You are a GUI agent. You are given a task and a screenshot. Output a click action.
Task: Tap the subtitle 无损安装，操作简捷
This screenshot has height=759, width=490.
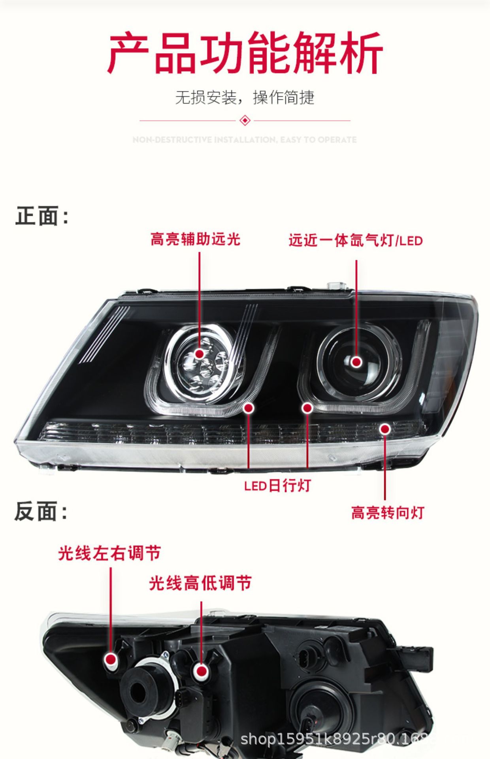tap(245, 97)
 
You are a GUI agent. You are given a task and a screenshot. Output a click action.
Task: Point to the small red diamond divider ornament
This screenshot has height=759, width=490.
tap(245, 120)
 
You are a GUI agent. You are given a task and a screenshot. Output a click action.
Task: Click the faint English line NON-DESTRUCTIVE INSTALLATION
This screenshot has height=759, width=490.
tap(245, 140)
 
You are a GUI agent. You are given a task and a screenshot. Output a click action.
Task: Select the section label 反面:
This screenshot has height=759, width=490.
tap(41, 511)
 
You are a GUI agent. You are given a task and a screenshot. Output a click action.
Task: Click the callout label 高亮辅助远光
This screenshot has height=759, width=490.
tap(195, 239)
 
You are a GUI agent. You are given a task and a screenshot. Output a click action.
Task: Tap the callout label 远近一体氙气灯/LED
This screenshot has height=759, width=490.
tap(355, 240)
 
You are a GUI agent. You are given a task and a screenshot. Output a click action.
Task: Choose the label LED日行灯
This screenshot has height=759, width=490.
tap(277, 486)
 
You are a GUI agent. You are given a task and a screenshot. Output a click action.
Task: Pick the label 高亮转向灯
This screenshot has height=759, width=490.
tap(388, 513)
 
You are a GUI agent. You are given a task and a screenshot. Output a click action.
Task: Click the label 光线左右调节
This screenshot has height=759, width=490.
tap(109, 553)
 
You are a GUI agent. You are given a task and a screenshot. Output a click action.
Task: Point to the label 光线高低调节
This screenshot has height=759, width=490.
tap(200, 583)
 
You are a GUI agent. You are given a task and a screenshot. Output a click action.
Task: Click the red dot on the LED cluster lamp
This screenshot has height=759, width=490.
tap(200, 353)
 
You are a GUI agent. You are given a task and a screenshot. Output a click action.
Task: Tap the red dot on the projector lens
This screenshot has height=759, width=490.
tap(356, 362)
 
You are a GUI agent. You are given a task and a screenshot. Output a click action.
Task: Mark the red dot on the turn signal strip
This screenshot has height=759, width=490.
tap(385, 429)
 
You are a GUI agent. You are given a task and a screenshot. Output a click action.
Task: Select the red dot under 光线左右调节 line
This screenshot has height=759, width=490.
tap(111, 659)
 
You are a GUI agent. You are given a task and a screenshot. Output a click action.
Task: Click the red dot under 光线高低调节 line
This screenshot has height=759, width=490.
tap(201, 670)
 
